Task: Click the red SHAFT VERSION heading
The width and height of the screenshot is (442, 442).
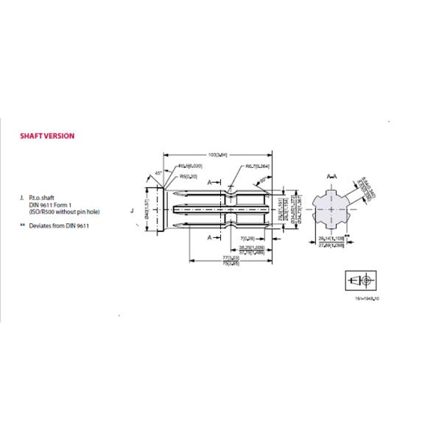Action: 46,136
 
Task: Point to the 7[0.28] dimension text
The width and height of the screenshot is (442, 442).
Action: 248,239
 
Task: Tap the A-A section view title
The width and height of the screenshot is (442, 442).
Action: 331,177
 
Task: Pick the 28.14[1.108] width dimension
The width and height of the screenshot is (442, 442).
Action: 331,240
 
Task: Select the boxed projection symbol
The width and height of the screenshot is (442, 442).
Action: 361,281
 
